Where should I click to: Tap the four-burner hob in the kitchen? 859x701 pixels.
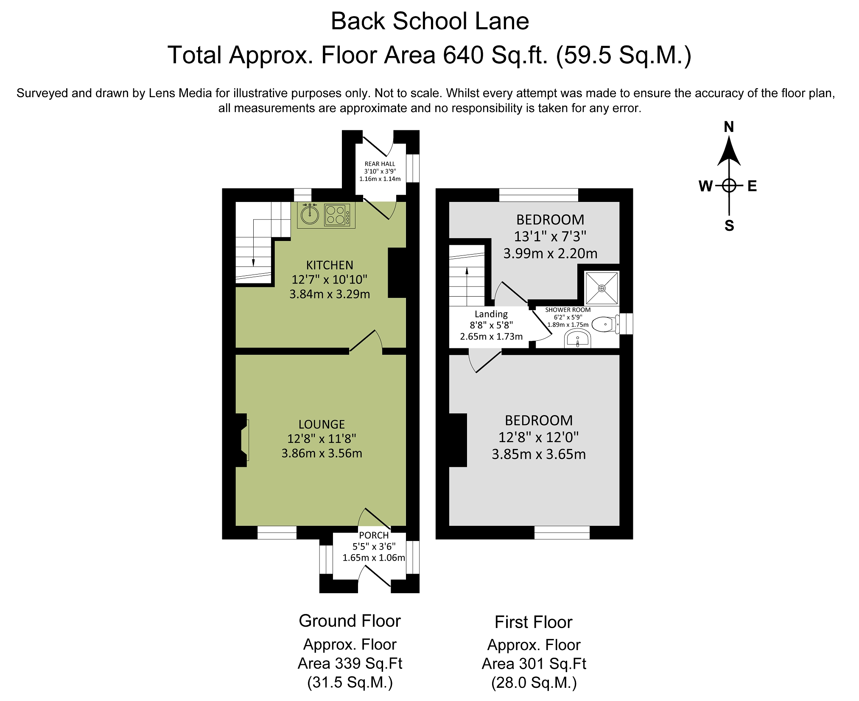pos(338,215)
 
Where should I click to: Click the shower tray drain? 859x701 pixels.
pos(602,288)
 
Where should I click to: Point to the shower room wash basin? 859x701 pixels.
pos(577,339)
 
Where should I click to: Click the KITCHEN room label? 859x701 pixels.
pos(330,265)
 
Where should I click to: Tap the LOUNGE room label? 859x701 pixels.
pos(322,424)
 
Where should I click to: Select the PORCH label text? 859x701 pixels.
pos(374,536)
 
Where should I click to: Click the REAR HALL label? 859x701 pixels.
pos(380,164)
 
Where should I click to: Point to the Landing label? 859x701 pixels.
pos(491,314)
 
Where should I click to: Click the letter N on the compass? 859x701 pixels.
pos(729,127)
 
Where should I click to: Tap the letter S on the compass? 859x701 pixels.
pos(729,226)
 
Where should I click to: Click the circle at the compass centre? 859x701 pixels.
pos(729,185)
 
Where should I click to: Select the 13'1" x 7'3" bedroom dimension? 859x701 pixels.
pos(550,236)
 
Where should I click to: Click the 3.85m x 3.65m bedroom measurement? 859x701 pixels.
pos(539,454)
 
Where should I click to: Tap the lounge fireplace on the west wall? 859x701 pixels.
pos(242,440)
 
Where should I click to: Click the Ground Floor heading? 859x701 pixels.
pos(350,621)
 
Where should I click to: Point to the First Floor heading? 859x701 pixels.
pos(534,622)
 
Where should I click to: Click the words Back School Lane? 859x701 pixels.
pos(430,21)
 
